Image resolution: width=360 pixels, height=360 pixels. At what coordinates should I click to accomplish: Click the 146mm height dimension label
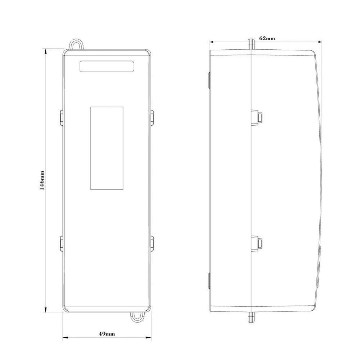click(42, 180)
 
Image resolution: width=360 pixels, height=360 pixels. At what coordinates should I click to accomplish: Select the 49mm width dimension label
click(107, 334)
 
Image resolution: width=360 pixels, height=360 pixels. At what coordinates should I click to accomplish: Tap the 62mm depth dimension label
click(267, 39)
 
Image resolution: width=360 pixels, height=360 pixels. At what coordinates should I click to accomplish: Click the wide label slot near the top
click(107, 66)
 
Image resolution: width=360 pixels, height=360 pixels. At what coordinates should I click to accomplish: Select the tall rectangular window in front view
click(107, 148)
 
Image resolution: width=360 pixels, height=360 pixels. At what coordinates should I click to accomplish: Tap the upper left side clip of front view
click(62, 118)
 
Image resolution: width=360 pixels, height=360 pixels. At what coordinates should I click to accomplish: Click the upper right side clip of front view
click(152, 118)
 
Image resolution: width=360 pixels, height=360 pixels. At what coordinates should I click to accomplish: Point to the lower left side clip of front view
click(62, 243)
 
